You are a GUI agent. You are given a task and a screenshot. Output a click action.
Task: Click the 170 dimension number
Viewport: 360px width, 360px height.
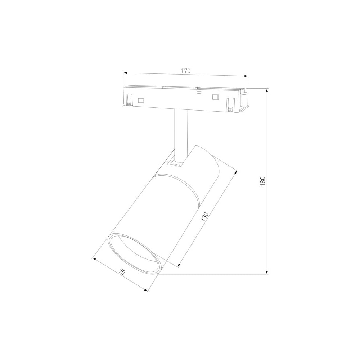(x=186, y=71)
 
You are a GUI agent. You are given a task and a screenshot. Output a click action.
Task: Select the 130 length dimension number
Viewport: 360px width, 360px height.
(x=204, y=216)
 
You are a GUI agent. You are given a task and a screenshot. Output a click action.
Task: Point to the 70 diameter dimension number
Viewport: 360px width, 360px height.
(x=122, y=272)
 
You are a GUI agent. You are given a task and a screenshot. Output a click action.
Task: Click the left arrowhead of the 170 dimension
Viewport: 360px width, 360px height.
(x=125, y=73)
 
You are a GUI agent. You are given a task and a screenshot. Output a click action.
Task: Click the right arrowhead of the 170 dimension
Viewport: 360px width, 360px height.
(x=246, y=76)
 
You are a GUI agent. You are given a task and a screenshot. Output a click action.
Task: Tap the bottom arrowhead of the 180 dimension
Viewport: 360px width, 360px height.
(x=267, y=272)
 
